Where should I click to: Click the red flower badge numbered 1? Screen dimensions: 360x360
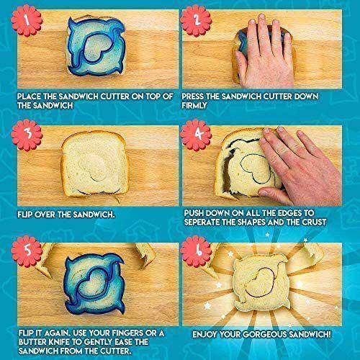(27, 20)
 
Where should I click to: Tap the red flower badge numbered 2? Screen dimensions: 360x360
(196, 20)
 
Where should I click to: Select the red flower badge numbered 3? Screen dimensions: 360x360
(27, 135)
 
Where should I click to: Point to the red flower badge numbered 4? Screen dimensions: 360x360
(196, 135)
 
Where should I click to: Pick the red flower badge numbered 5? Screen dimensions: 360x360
(27, 251)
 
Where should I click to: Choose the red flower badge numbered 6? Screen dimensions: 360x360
(196, 251)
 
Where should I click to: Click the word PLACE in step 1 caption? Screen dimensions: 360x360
(29, 96)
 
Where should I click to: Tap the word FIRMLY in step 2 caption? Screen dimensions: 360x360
(194, 105)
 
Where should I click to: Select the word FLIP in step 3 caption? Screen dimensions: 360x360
(25, 215)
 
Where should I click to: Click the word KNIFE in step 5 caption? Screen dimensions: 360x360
(56, 342)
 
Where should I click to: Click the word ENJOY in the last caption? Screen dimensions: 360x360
(205, 334)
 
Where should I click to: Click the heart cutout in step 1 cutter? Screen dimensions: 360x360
(96, 49)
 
